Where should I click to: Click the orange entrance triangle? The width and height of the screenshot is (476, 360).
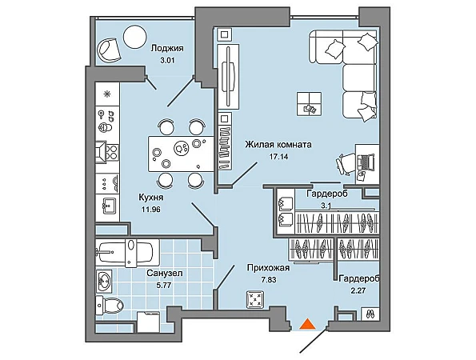click(307, 324)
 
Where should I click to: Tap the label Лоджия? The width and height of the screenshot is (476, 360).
click(167, 48)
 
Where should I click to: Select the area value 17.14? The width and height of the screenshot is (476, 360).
click(278, 157)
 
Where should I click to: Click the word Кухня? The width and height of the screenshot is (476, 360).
click(151, 198)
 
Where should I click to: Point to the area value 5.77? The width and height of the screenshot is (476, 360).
click(163, 286)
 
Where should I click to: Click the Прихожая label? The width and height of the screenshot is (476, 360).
click(268, 268)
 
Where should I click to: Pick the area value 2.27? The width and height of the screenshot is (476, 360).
click(358, 290)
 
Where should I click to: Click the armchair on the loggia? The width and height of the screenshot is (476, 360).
click(109, 50)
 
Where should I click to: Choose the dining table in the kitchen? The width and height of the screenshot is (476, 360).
click(182, 154)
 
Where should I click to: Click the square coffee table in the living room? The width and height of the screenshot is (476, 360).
click(309, 103)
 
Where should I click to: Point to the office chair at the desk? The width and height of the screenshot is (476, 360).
click(346, 164)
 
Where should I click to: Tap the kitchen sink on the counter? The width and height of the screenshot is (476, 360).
click(107, 206)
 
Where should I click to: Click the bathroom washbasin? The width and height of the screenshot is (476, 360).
click(104, 281)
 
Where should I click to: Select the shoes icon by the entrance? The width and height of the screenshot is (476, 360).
click(370, 314)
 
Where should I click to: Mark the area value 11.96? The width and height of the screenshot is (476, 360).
click(151, 210)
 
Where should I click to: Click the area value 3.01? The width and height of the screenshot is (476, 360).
click(167, 60)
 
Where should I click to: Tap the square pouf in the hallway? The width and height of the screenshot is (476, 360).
click(255, 298)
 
